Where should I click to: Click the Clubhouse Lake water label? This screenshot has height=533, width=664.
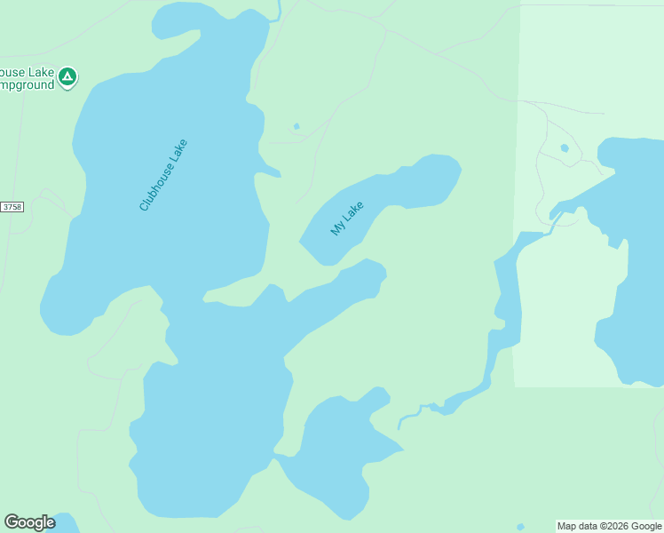(164, 175)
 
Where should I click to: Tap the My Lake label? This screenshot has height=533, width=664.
(347, 219)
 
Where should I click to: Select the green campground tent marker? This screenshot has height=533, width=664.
(67, 77)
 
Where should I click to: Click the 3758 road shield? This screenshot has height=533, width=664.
(12, 207)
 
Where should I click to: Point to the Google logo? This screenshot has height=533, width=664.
(29, 522)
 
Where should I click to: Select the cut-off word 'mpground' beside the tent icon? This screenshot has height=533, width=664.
(26, 85)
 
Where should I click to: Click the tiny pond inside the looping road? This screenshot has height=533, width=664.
(565, 147)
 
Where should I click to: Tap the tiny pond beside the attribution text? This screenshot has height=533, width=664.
(520, 527)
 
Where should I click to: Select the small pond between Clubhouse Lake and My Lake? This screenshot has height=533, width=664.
(296, 126)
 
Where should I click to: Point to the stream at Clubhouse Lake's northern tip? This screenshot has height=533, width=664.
(277, 11)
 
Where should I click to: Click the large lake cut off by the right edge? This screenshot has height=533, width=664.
(635, 266)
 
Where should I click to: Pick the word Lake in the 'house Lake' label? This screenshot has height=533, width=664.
(39, 71)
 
